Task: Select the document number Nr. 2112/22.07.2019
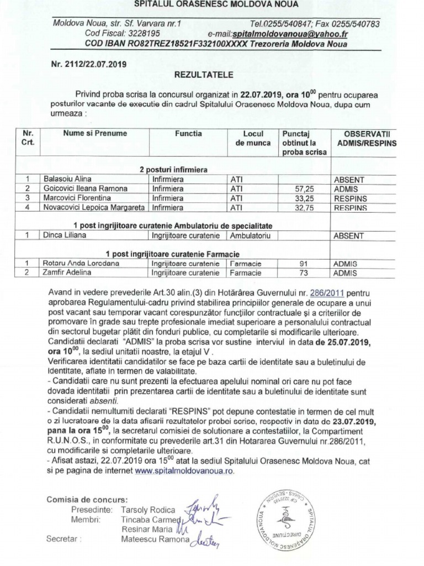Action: click(x=88, y=64)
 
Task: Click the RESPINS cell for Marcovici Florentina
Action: click(x=350, y=198)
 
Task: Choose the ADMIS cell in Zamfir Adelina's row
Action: click(x=346, y=273)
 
